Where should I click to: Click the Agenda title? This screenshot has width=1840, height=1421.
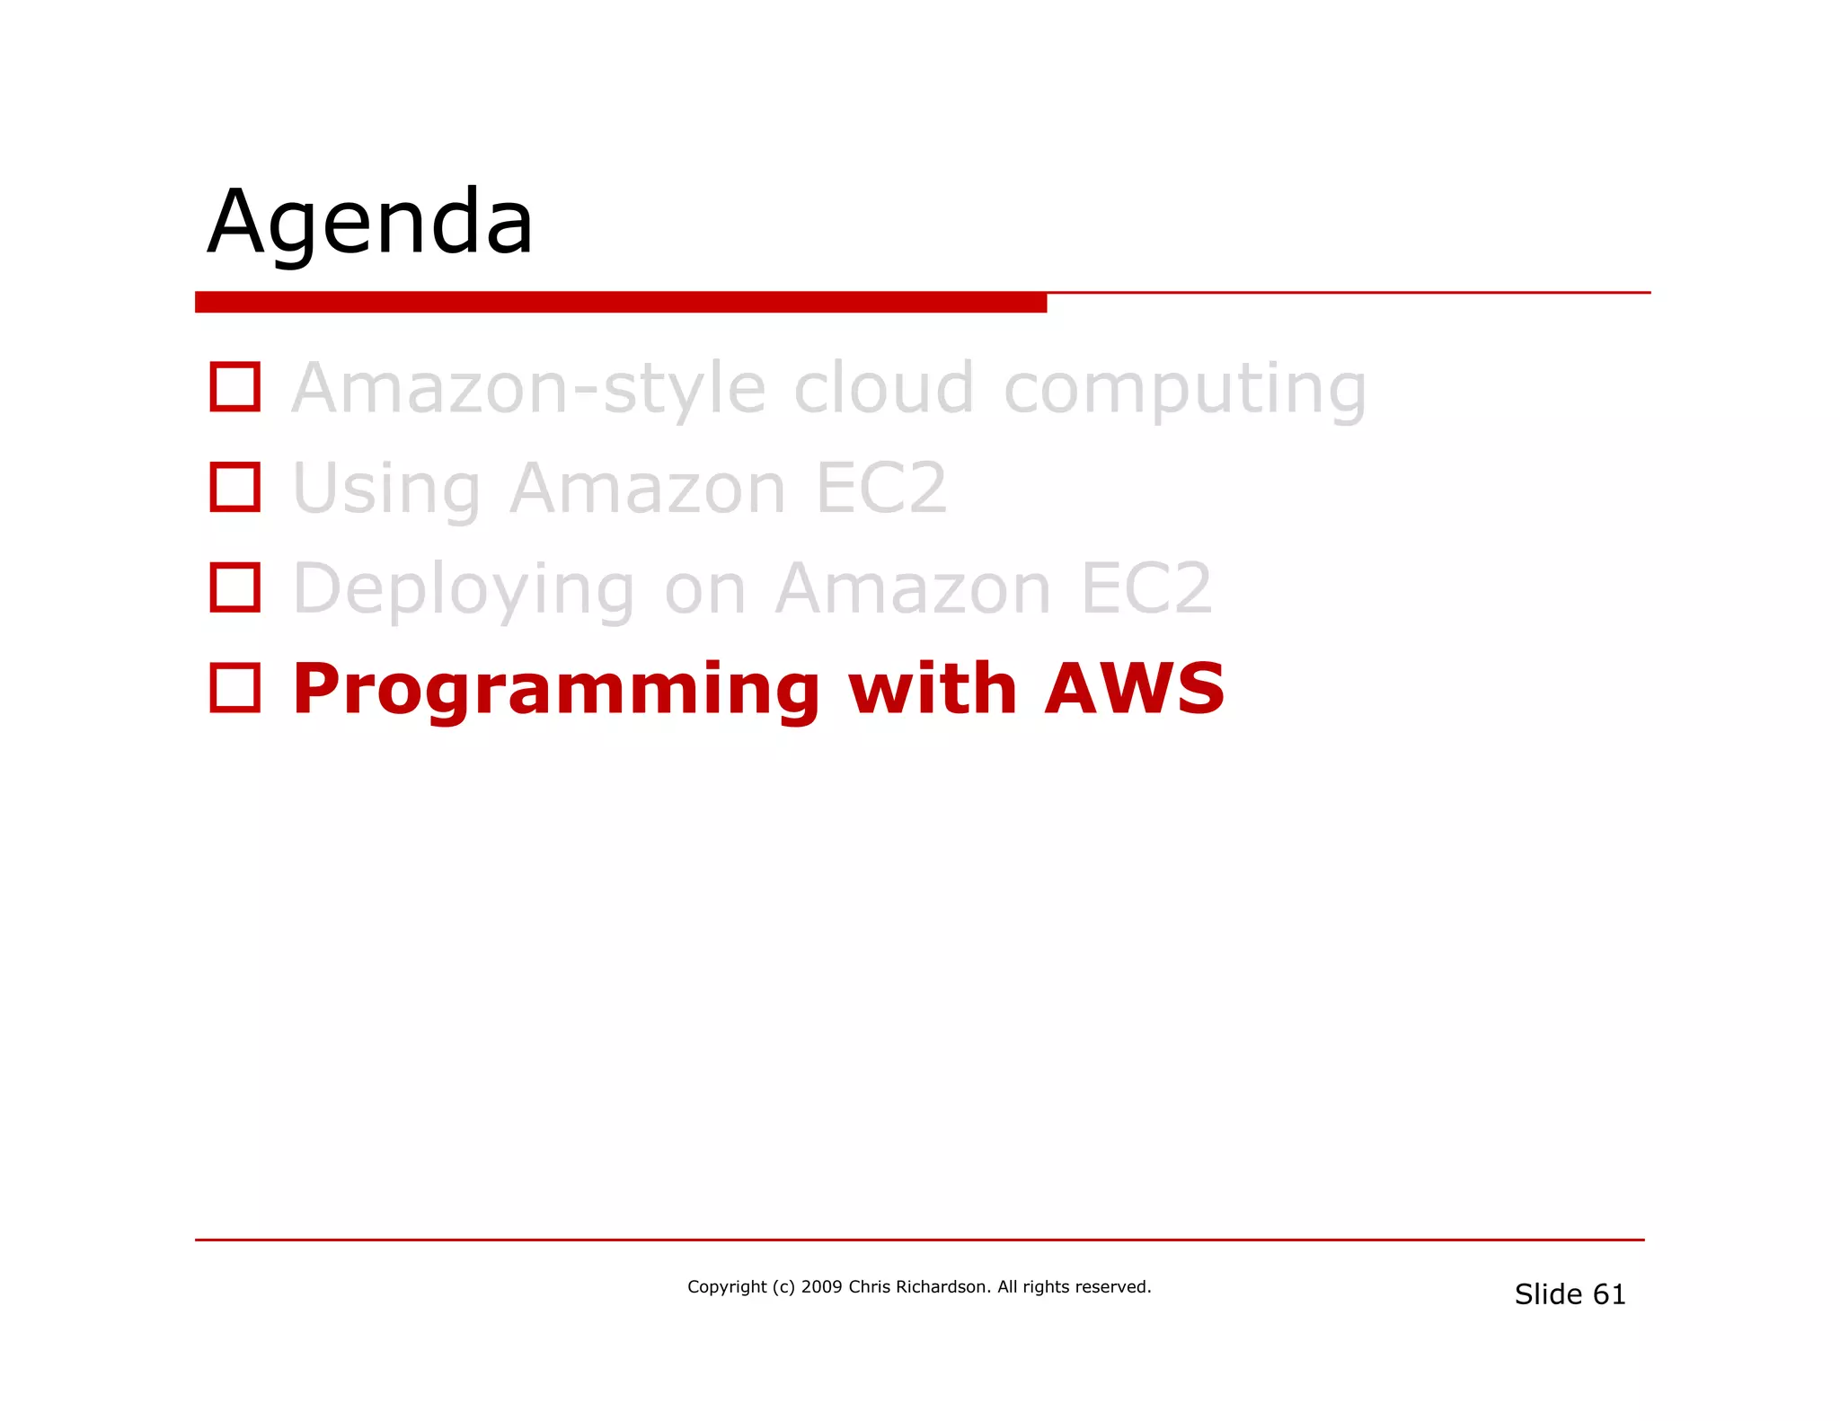370,222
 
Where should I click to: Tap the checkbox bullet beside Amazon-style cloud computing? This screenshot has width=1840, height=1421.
234,387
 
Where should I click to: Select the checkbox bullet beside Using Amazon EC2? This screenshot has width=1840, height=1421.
234,488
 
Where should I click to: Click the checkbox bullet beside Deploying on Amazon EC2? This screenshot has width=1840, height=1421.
234,587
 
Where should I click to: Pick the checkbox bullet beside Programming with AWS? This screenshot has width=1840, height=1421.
234,688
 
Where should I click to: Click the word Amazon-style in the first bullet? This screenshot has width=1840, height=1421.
530,389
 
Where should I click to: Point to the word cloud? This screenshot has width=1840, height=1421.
884,389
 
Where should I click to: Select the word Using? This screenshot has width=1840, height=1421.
387,490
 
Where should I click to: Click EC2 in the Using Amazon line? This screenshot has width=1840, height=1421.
881,489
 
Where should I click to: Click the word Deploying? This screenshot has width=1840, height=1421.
464,590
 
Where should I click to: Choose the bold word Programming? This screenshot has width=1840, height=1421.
556,690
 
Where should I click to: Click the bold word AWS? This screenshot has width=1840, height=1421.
1135,689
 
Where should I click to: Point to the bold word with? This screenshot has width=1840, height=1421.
932,689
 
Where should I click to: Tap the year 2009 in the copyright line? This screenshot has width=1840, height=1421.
821,1287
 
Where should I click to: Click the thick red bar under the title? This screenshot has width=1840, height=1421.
620,303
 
